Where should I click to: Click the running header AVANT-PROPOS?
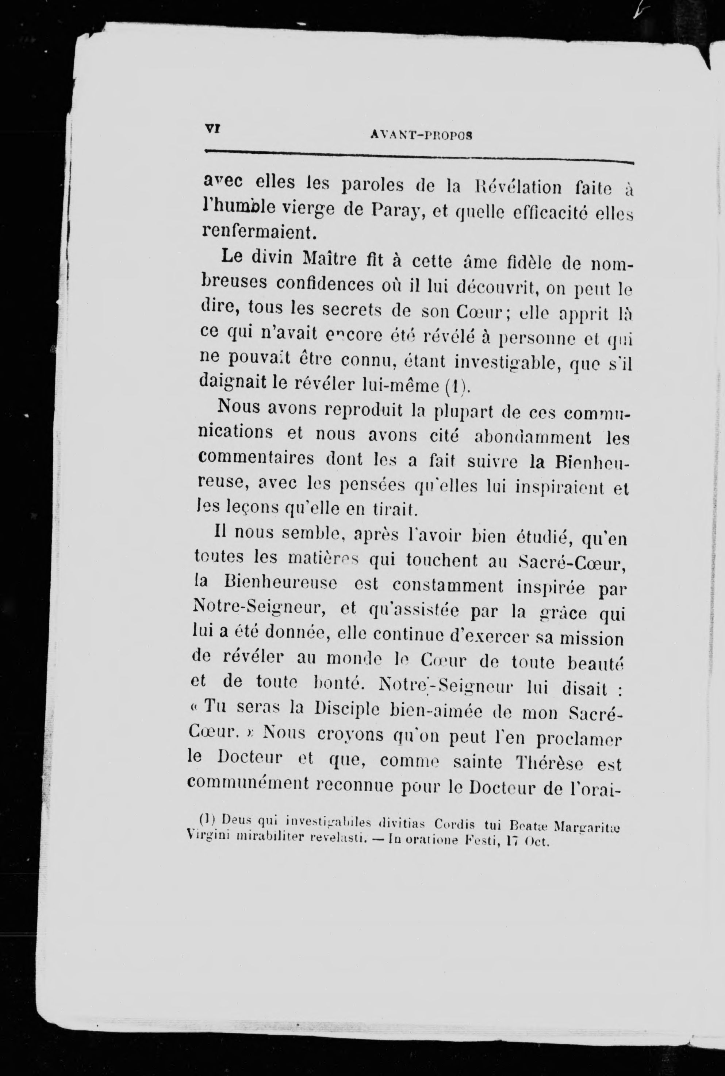click(x=421, y=135)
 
